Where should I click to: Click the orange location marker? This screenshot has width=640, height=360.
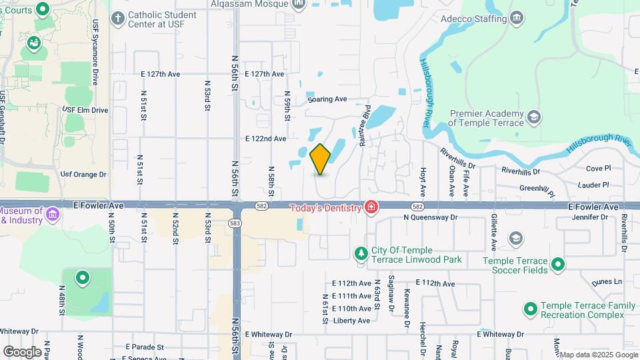tap(321, 159)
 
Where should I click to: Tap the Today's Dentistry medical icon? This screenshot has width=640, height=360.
tap(371, 207)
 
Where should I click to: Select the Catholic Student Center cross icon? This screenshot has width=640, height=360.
tap(117, 18)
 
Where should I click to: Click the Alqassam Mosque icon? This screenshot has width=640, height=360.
tap(298, 5)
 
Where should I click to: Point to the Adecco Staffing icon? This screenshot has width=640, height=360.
tap(516, 18)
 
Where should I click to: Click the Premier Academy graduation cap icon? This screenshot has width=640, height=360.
tap(533, 118)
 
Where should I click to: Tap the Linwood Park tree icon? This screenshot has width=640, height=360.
tap(361, 253)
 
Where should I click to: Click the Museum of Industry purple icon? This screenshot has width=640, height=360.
tap(53, 215)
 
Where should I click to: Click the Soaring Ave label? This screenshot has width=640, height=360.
tap(327, 99)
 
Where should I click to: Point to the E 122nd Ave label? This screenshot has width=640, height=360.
tap(265, 139)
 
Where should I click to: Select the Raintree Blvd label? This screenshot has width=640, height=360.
tap(364, 125)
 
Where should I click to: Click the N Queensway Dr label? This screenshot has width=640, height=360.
tap(431, 217)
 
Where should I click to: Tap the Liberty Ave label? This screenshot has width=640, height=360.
tap(351, 321)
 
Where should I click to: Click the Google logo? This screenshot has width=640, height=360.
tap(22, 351)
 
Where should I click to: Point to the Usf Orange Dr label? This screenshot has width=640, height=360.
tap(83, 175)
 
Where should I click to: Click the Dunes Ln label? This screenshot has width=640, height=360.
tap(608, 281)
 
